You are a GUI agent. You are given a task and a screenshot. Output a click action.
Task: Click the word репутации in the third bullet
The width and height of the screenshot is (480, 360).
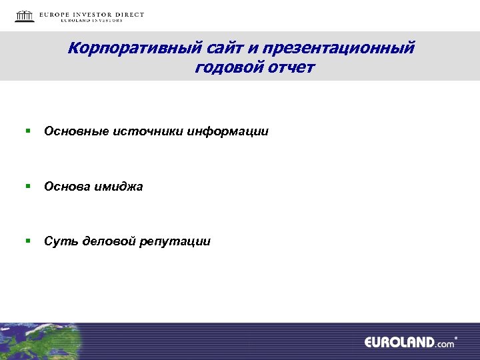pyautogui.click(x=175, y=241)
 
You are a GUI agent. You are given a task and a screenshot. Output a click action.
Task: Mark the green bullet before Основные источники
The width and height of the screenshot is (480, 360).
pyautogui.click(x=29, y=131)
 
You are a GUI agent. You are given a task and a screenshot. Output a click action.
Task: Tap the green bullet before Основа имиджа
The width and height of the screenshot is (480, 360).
pyautogui.click(x=29, y=186)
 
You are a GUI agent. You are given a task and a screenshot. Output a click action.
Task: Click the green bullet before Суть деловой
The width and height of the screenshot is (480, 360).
pyautogui.click(x=29, y=241)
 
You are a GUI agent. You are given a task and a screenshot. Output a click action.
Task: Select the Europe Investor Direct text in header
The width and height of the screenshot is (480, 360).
pyautogui.click(x=91, y=15)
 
